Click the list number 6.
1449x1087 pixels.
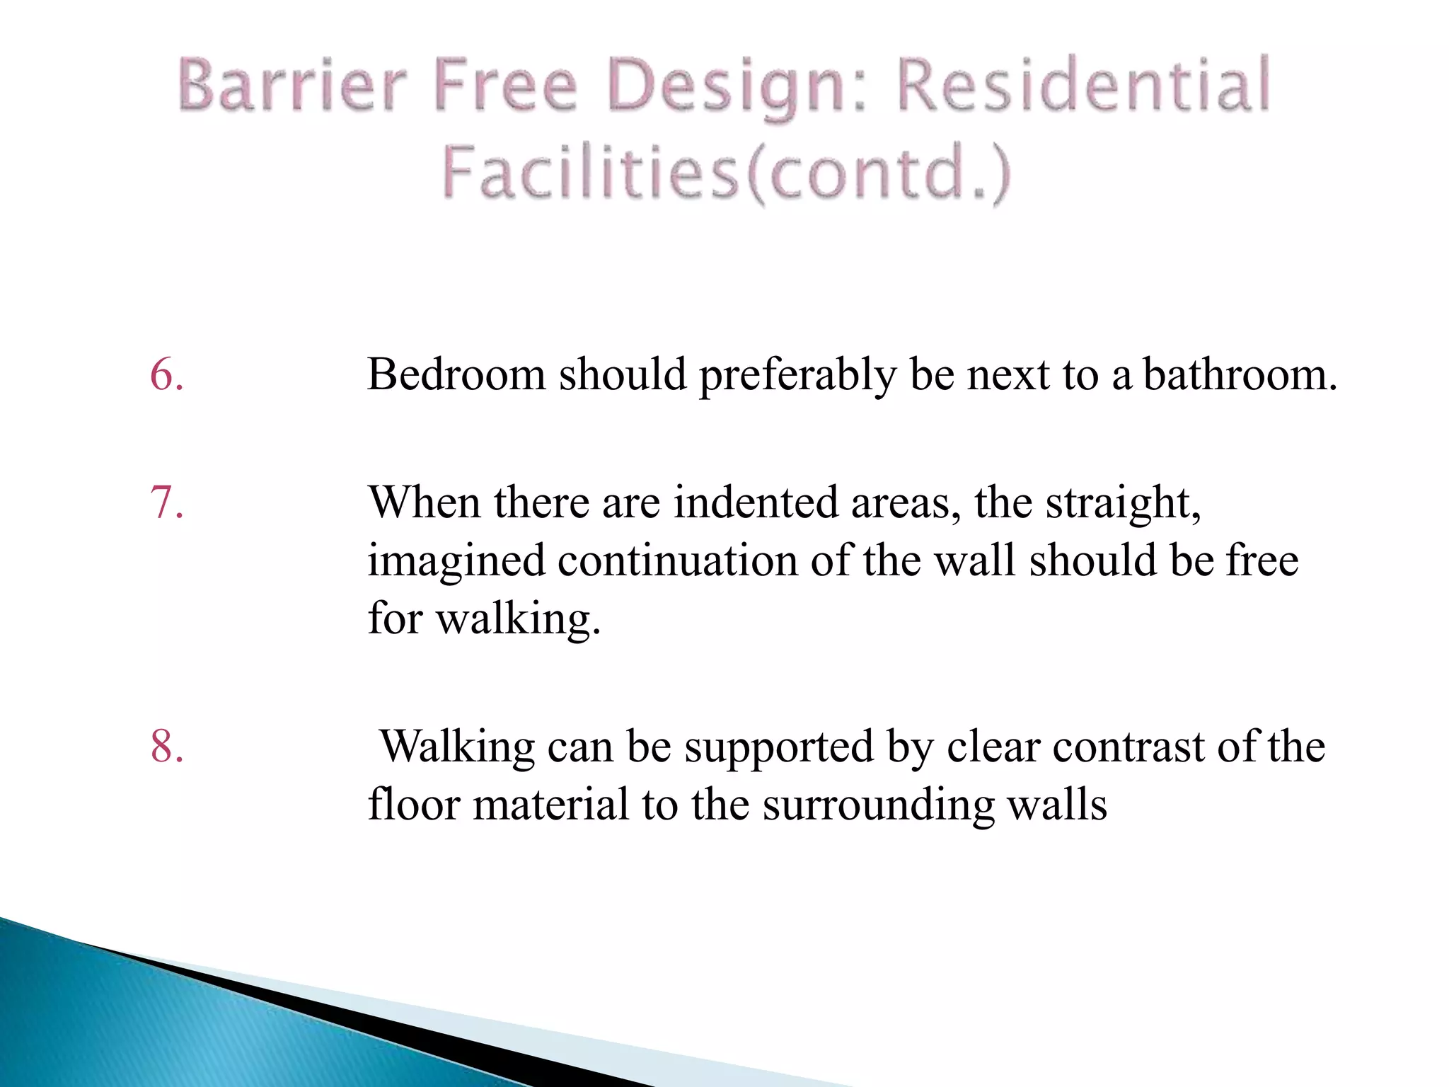pyautogui.click(x=167, y=374)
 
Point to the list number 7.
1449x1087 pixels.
pyautogui.click(x=167, y=503)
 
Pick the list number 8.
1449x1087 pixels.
pyautogui.click(x=167, y=747)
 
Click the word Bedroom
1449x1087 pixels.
pyautogui.click(x=456, y=374)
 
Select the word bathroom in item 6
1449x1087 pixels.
pyautogui.click(x=1240, y=374)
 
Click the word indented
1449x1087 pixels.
pyautogui.click(x=755, y=503)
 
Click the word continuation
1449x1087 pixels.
pyautogui.click(x=677, y=561)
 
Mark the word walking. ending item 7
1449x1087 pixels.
pyautogui.click(x=518, y=620)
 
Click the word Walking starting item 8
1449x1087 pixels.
pyautogui.click(x=457, y=747)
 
